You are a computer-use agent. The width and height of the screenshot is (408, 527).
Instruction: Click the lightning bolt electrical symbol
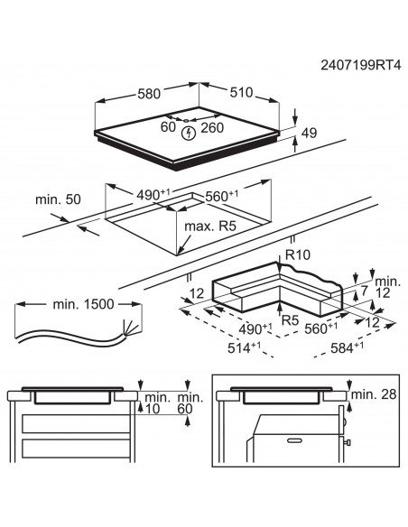pyautogui.click(x=188, y=134)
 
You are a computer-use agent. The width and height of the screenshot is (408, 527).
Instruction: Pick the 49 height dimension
pyautogui.click(x=310, y=134)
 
